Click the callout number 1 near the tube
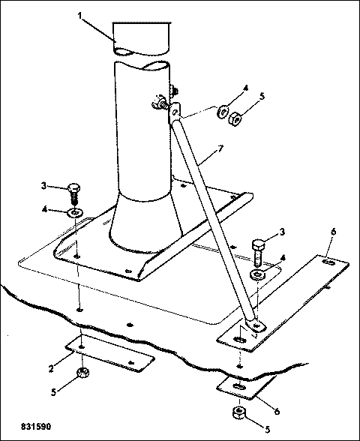tap(80, 16)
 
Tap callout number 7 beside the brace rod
tap(220, 148)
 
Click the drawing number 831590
tap(36, 426)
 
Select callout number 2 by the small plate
tap(51, 368)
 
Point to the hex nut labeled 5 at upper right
tap(235, 119)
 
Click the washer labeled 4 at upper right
tap(223, 111)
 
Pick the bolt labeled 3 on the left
tap(74, 193)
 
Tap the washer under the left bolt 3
tap(75, 213)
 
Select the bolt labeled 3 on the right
tap(258, 252)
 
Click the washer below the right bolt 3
tap(257, 274)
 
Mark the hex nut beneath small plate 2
tap(82, 373)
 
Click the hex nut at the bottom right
tap(238, 412)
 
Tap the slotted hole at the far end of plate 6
tap(328, 262)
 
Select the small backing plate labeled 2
tap(110, 353)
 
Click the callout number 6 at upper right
tap(333, 232)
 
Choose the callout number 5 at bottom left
tap(53, 392)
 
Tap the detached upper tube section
tap(142, 39)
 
